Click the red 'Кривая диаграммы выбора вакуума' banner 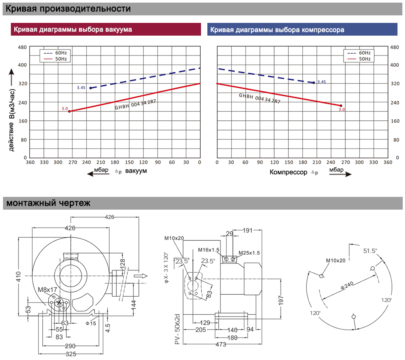[x=106, y=29]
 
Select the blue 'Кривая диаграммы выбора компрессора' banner [x=302, y=30]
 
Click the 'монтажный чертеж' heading [x=48, y=203]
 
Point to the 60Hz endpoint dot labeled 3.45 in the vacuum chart [x=91, y=88]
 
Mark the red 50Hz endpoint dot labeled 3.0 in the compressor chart [x=341, y=106]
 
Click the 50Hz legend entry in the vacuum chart [x=55, y=59]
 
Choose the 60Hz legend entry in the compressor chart [x=359, y=53]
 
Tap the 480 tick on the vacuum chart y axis [x=22, y=47]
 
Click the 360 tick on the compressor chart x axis [x=388, y=162]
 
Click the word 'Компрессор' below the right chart [x=288, y=172]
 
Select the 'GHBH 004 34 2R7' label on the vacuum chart [x=135, y=105]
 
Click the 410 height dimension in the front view [x=18, y=277]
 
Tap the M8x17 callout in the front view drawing [x=47, y=290]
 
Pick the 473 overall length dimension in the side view [x=221, y=345]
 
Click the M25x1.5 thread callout [x=249, y=253]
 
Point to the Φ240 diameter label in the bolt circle [x=347, y=285]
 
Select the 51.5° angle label [x=370, y=251]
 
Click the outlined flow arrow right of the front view [x=141, y=276]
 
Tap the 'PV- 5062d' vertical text [x=177, y=329]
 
